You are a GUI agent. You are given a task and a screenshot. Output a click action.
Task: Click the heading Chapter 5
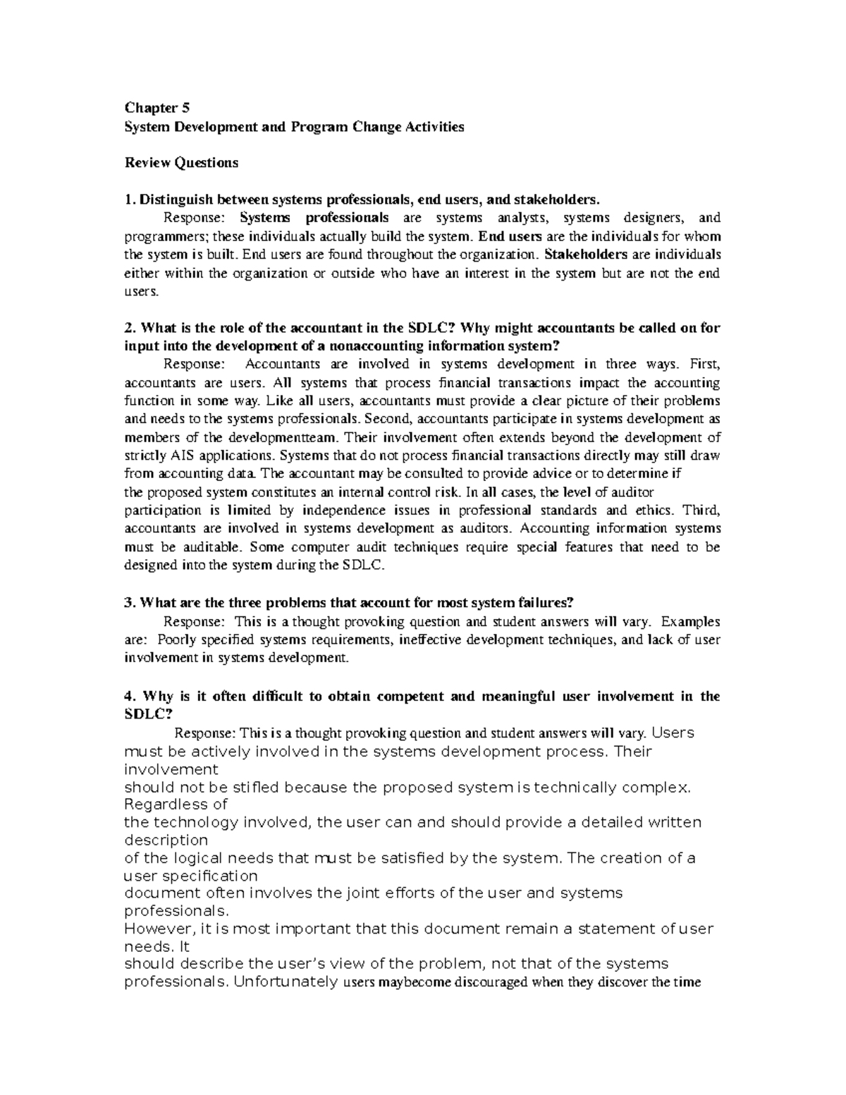157,108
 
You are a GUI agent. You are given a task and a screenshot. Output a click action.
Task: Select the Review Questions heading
181,163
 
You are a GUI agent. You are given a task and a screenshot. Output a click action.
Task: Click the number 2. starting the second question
129,328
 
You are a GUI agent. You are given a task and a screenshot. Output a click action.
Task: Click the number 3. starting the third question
129,603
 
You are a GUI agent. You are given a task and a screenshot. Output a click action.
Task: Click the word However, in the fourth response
161,929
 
